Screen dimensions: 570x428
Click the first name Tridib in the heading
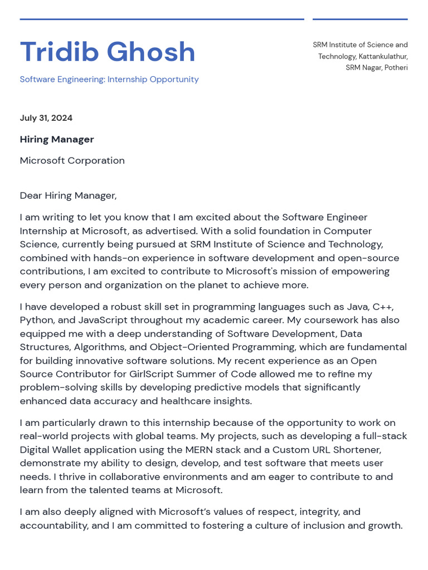[59, 52]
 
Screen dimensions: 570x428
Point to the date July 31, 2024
[46, 118]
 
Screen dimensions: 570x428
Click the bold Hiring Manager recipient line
[57, 139]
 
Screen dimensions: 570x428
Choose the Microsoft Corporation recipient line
[72, 160]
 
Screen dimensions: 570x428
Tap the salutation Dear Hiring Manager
[68, 195]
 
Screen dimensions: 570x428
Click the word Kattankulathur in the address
[383, 56]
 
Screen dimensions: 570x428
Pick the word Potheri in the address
[396, 68]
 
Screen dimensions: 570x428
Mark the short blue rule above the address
[360, 19]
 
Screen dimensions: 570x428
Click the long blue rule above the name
[162, 19]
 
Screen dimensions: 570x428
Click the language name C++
[383, 307]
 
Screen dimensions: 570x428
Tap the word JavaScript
[104, 320]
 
